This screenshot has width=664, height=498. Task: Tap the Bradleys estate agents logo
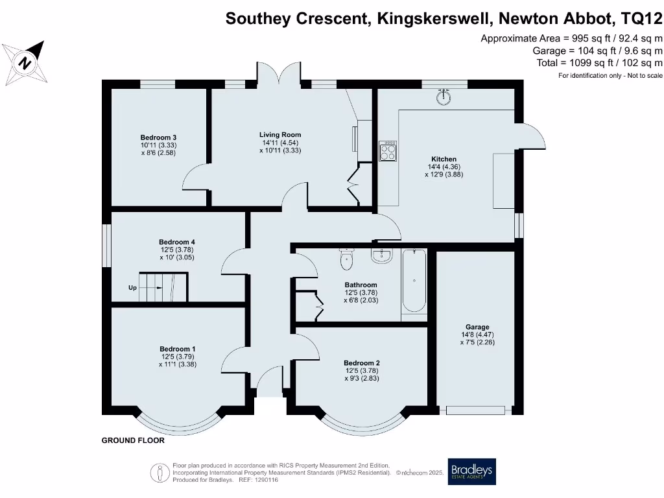pos(471,471)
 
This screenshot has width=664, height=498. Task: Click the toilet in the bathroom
pos(347,259)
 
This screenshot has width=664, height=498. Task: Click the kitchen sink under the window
pos(444,97)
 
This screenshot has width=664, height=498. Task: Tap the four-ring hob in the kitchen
pos(388,150)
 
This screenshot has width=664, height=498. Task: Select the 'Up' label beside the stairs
pos(132,287)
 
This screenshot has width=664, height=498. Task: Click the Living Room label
pos(280,135)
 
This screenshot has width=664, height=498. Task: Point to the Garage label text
pos(477,327)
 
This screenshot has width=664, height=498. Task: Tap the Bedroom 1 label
pos(177,349)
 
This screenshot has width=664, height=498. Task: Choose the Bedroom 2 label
pos(361,362)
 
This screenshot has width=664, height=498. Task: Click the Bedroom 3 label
pos(158,137)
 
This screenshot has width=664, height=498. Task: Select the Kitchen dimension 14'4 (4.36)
pos(444,167)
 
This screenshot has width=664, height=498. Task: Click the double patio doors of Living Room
pos(280,74)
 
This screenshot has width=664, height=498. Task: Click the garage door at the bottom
pos(475,410)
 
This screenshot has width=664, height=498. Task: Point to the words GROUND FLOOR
pos(133,440)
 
